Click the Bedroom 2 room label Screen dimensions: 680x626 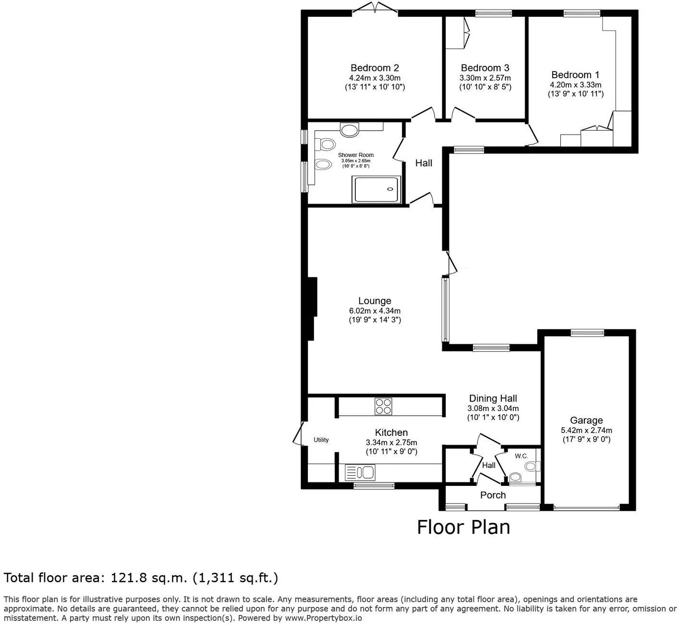(375, 68)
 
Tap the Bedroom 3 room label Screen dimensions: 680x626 (485, 68)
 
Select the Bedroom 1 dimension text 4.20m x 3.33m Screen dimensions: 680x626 (576, 85)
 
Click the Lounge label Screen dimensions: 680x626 (375, 301)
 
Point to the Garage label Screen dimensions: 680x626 (586, 420)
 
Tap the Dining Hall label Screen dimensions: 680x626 (493, 398)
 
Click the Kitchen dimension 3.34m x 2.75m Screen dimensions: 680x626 (391, 442)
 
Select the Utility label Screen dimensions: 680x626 (321, 440)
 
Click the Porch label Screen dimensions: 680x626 (493, 495)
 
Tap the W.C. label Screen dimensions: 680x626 (522, 456)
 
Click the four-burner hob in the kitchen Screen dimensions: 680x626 (383, 406)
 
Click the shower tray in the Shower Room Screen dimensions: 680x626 (376, 190)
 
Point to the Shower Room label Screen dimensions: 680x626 (355, 155)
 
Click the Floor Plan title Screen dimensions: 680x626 (463, 527)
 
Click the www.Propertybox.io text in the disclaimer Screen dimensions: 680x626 (323, 618)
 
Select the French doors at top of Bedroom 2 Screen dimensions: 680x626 (375, 9)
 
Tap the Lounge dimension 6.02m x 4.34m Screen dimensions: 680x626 (375, 311)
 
